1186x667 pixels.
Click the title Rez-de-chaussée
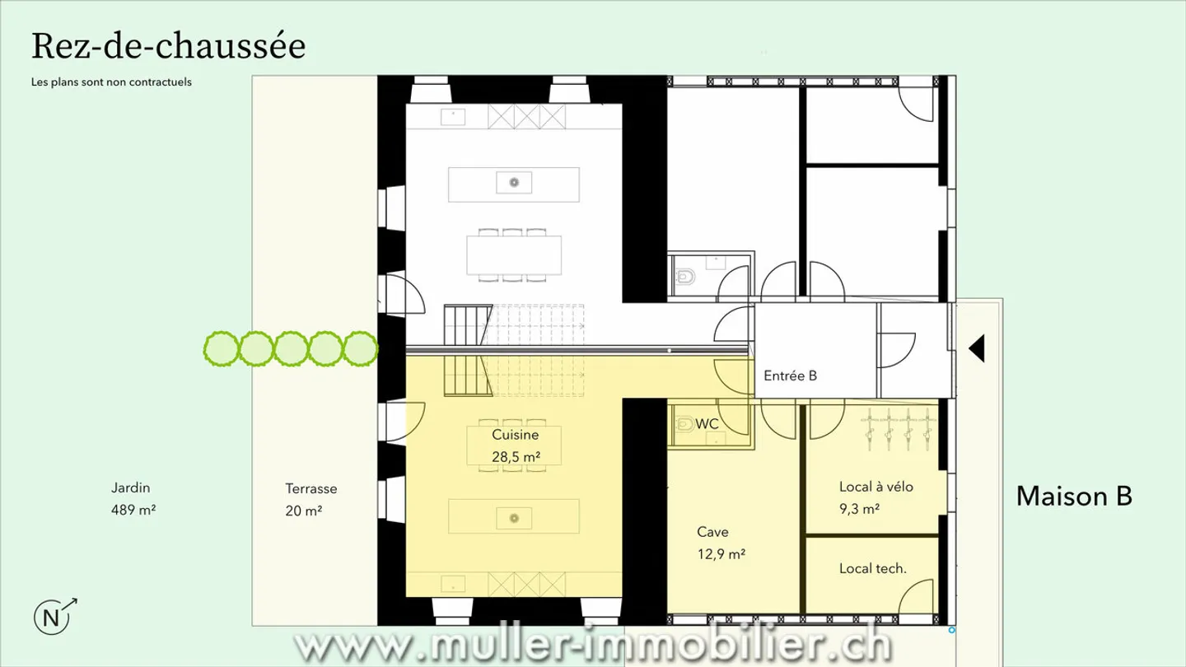pos(168,46)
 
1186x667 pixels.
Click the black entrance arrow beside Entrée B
pos(977,348)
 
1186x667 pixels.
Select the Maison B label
pos(1074,497)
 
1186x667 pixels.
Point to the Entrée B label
pos(790,375)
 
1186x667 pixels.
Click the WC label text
pos(707,424)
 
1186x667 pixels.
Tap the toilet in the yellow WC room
pos(684,424)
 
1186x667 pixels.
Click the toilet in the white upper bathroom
pos(685,277)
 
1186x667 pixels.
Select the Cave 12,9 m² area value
pos(721,554)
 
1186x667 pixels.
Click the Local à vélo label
pos(876,487)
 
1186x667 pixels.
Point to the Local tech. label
pos(872,569)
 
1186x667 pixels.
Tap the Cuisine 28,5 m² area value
pos(516,457)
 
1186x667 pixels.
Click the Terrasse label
pos(311,488)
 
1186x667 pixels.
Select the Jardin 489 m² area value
pos(133,511)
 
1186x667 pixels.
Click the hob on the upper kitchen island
pos(514,183)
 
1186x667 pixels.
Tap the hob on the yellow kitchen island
pos(514,518)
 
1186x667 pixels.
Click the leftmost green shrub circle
pos(222,349)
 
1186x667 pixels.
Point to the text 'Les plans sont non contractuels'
pos(111,82)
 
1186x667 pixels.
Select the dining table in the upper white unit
pos(514,255)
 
